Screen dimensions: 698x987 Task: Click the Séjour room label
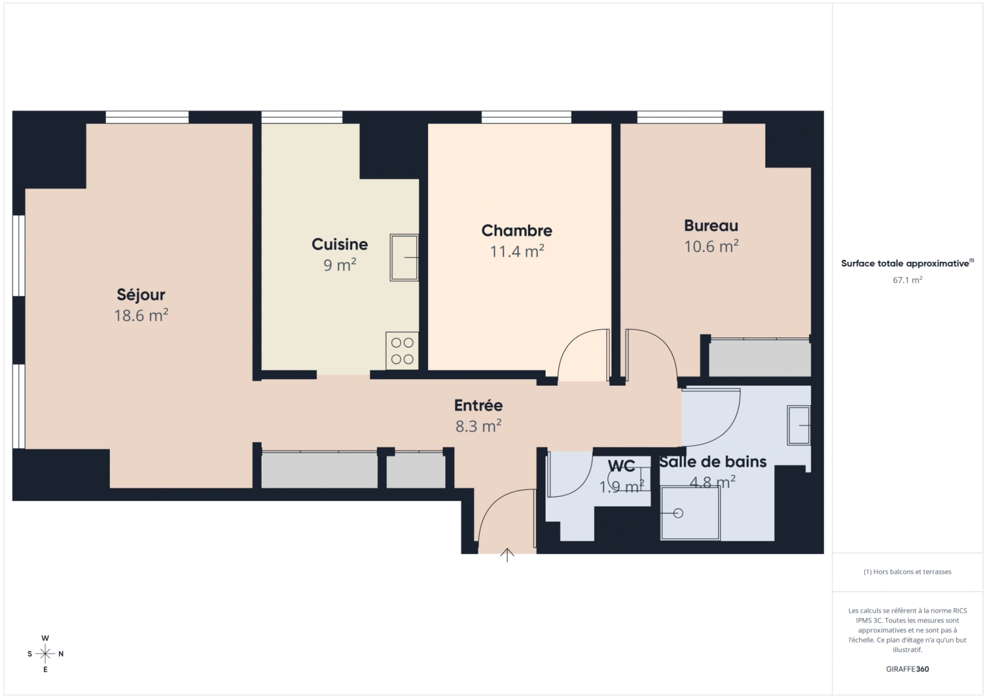pos(141,295)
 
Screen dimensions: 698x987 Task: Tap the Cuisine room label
pos(339,244)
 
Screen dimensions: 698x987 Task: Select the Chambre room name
pos(516,231)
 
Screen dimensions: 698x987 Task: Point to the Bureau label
pos(711,226)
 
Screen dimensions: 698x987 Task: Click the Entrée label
pos(478,405)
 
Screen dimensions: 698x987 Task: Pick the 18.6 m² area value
pos(141,315)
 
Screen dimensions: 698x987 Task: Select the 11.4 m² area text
pos(516,251)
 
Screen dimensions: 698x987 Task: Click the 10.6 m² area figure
pos(711,246)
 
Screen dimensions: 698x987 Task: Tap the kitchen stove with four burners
pos(402,351)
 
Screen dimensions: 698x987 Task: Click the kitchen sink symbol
pos(404,257)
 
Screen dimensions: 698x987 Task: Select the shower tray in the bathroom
pos(690,513)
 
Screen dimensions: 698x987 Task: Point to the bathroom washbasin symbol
pos(798,425)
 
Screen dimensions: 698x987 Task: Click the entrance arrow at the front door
pos(507,555)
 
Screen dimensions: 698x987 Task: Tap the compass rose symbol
pos(45,653)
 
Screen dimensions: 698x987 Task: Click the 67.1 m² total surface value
pos(907,280)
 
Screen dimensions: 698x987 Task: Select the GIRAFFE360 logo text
pos(907,669)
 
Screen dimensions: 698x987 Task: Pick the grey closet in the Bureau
pos(759,358)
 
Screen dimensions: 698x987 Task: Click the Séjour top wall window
pos(147,117)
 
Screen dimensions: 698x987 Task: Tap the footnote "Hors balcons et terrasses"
pos(907,572)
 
